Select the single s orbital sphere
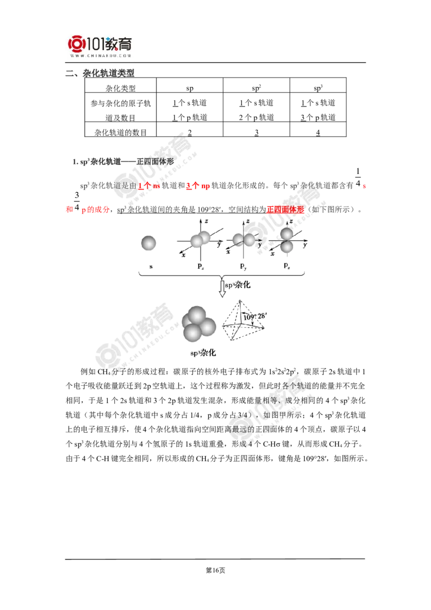[150, 244]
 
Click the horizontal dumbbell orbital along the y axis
[244, 239]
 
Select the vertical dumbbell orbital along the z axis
[287, 240]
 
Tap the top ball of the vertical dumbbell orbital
[287, 233]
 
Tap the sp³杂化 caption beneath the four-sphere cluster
[204, 353]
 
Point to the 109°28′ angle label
[254, 317]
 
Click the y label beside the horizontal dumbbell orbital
[260, 245]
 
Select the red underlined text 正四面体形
[286, 209]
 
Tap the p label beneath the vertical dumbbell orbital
[287, 266]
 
